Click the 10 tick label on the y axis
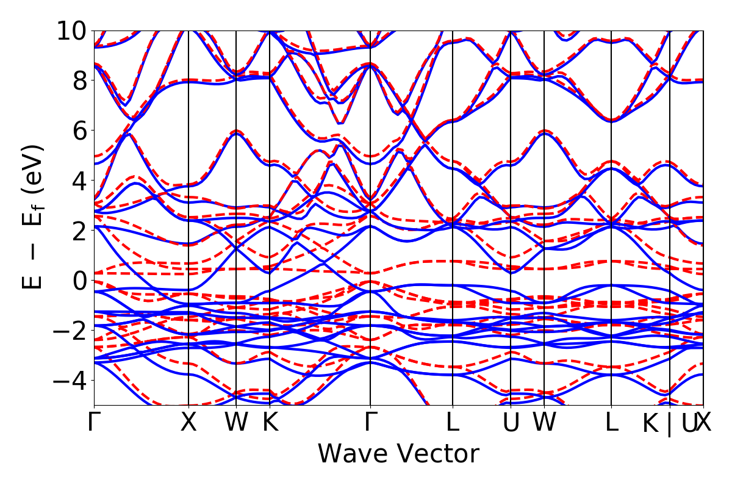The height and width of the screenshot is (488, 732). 71,30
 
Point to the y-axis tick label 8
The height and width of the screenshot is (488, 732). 77,80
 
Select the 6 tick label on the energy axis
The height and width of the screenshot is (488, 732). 77,130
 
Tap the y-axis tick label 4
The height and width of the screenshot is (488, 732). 77,180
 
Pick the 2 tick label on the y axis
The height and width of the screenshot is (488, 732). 77,230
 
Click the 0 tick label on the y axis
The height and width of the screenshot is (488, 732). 77,280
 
